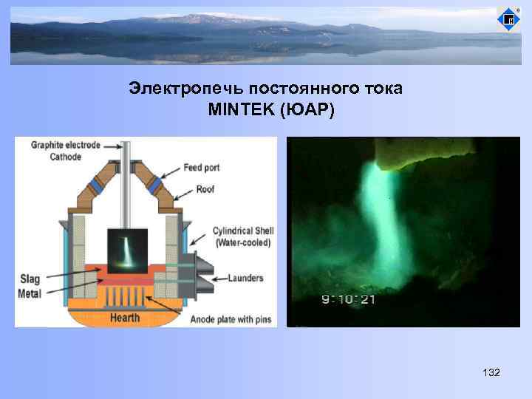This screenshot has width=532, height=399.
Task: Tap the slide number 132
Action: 491,373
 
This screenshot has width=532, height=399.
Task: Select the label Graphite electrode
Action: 65,146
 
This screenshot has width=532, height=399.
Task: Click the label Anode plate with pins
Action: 230,319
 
